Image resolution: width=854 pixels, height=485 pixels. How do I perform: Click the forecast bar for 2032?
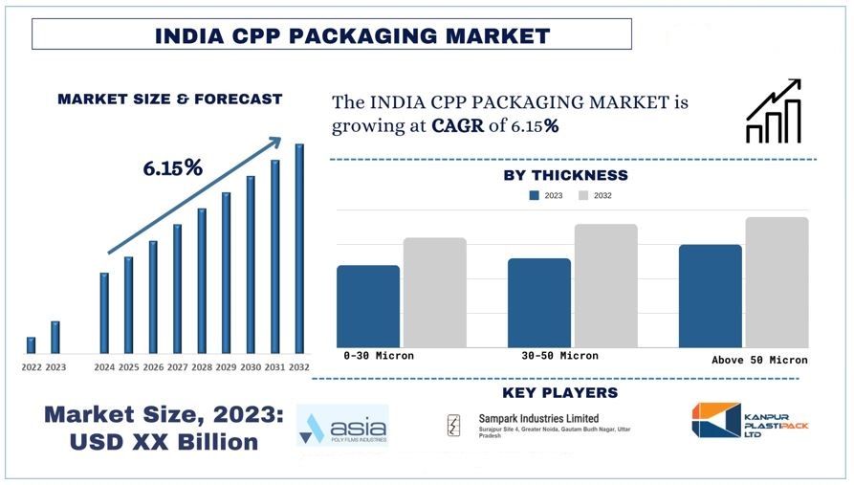point(299,249)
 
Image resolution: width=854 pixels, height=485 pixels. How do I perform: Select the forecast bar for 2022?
point(31,345)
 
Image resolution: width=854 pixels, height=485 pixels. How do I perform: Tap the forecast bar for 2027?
point(177,288)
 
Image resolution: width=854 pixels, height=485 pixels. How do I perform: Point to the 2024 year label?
point(104,367)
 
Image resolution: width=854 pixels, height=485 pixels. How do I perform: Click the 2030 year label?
point(251,367)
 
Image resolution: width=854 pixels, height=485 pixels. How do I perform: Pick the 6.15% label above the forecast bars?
point(173,168)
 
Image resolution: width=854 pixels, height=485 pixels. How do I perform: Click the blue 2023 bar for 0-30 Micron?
point(368,306)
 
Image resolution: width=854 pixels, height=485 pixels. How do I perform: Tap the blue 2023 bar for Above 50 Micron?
point(711,296)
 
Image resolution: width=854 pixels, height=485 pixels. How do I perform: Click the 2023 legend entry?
point(545,195)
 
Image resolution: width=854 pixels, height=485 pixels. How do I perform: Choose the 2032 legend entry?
point(594,195)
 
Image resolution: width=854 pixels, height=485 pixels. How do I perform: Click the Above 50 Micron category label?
point(759,361)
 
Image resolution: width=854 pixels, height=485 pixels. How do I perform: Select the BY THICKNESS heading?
point(565,175)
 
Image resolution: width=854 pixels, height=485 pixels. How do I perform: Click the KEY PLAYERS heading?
point(559,393)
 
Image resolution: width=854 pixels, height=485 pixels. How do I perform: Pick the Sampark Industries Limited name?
point(538,418)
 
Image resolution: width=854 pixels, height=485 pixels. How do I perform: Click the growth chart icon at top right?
point(773,112)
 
